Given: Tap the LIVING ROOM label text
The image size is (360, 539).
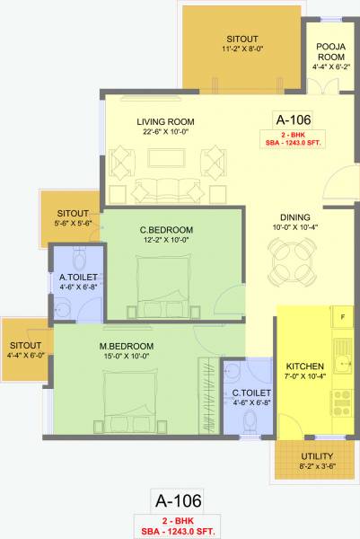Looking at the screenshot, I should click(x=166, y=122).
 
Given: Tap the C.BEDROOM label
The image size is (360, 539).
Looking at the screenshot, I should click(x=167, y=230).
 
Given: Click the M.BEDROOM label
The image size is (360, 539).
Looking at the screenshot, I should click(x=127, y=346).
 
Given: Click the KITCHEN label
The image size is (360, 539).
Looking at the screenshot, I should click(x=304, y=367).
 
